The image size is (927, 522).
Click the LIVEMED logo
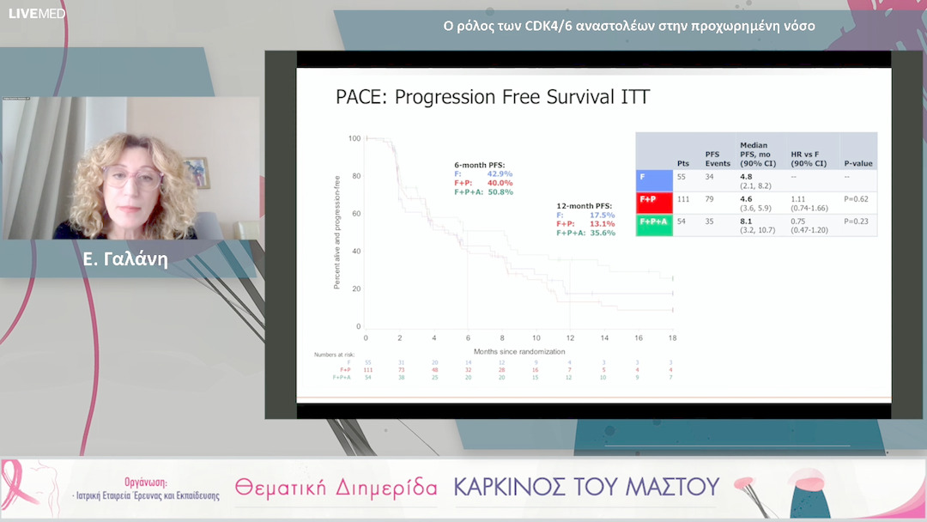pyautogui.click(x=37, y=14)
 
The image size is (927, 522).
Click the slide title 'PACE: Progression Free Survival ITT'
pyautogui.click(x=492, y=97)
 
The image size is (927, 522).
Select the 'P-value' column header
pyautogui.click(x=858, y=163)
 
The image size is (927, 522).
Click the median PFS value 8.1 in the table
pyautogui.click(x=746, y=221)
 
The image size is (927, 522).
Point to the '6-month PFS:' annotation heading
pyautogui.click(x=480, y=164)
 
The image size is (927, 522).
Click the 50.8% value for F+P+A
pyautogui.click(x=500, y=191)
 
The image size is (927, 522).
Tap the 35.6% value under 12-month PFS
pyautogui.click(x=603, y=233)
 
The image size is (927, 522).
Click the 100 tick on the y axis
pyautogui.click(x=354, y=138)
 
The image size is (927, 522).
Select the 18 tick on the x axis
pyautogui.click(x=672, y=337)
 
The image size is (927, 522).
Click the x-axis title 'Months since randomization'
pyautogui.click(x=518, y=351)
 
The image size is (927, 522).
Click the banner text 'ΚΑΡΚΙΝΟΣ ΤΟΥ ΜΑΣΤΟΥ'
pyautogui.click(x=586, y=488)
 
